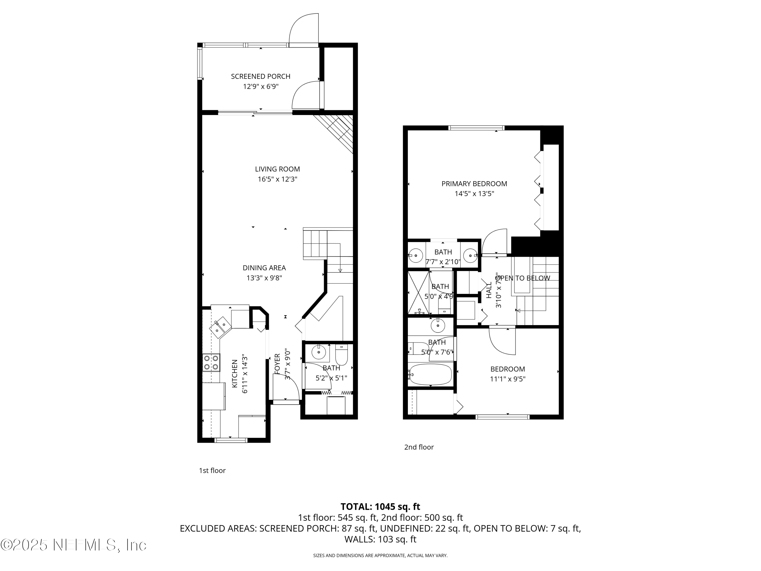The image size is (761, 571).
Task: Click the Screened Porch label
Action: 261,76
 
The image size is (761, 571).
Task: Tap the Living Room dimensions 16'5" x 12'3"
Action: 277,179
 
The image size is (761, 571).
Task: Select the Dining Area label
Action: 264,268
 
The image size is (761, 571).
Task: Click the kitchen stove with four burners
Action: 211,362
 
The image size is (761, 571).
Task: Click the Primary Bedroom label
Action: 474,184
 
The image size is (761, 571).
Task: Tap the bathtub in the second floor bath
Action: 431,375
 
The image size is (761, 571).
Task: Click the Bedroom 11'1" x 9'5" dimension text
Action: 507,379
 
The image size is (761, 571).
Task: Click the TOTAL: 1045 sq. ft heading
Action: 380,507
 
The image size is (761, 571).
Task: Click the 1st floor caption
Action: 212,471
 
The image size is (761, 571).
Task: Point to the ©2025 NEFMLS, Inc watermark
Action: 73,545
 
